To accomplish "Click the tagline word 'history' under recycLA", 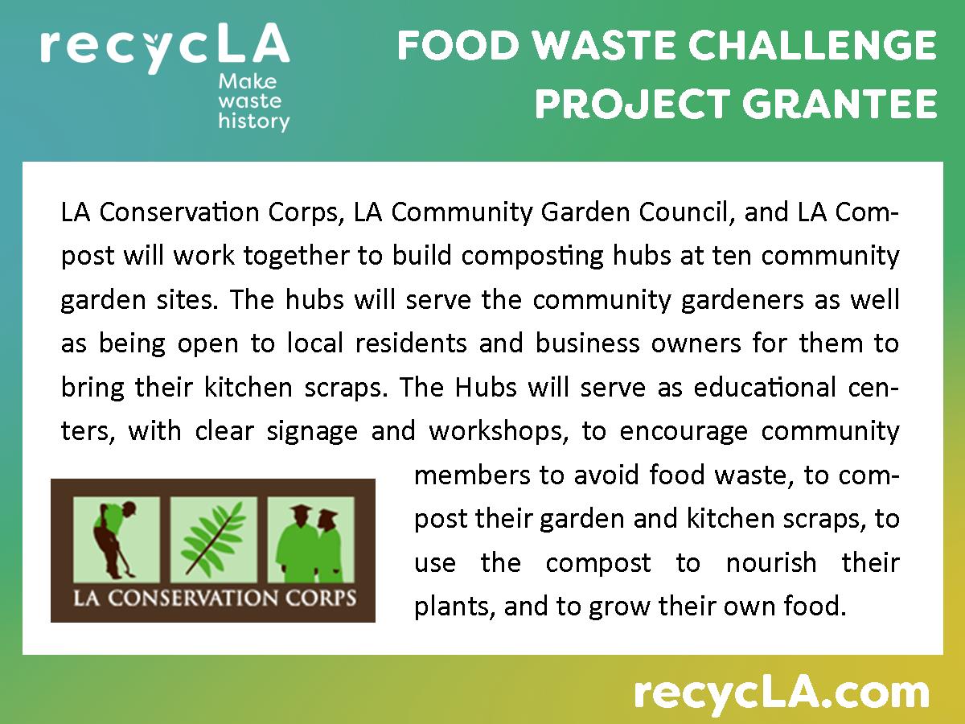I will click(253, 121).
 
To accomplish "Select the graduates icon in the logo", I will click(310, 537).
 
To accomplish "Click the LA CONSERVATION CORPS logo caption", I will click(214, 599).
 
